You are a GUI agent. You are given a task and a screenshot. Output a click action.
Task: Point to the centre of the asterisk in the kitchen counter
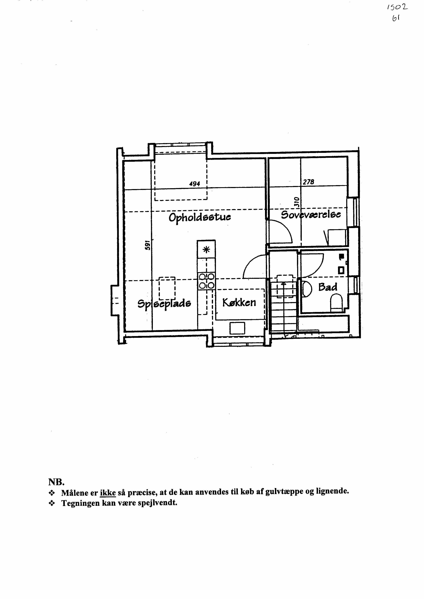(x=206, y=250)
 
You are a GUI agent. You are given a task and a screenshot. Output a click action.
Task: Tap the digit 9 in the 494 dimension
(x=195, y=184)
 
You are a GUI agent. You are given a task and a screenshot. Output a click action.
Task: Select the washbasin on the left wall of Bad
(x=307, y=288)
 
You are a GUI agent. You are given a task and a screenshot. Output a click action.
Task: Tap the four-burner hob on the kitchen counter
(x=207, y=281)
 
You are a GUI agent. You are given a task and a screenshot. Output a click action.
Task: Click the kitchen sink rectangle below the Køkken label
(x=237, y=328)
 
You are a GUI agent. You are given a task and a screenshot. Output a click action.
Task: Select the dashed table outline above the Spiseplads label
(x=167, y=288)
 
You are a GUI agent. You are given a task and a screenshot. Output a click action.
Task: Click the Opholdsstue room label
(x=200, y=217)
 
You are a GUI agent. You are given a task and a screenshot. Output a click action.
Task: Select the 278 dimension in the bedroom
(x=308, y=182)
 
